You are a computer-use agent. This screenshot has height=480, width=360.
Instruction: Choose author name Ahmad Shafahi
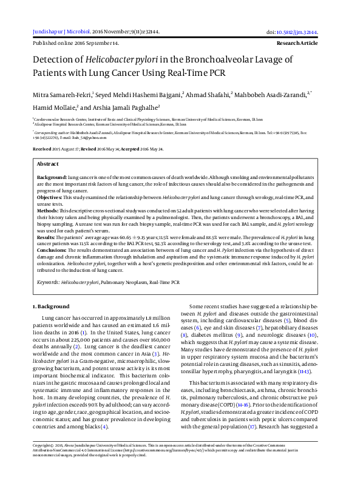click(x=203, y=94)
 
